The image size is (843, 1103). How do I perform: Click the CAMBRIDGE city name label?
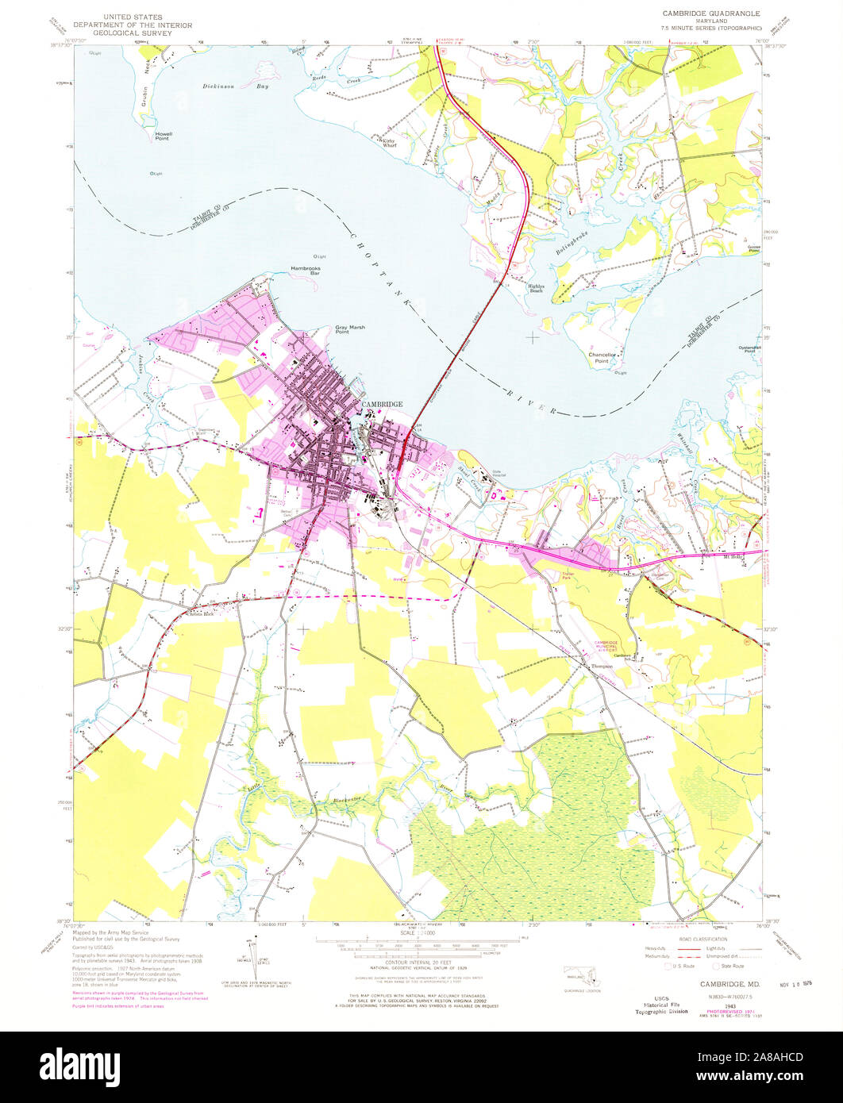click(x=383, y=404)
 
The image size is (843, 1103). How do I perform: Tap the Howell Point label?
click(x=164, y=136)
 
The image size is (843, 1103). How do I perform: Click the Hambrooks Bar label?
click(x=304, y=271)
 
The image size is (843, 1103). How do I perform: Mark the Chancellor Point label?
click(x=602, y=359)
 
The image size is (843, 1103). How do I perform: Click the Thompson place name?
click(x=604, y=667)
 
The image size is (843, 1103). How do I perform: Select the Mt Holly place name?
click(x=733, y=558)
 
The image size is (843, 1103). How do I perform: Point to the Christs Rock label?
click(x=199, y=614)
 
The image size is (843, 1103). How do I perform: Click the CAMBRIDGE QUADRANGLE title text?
click(x=710, y=13)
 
